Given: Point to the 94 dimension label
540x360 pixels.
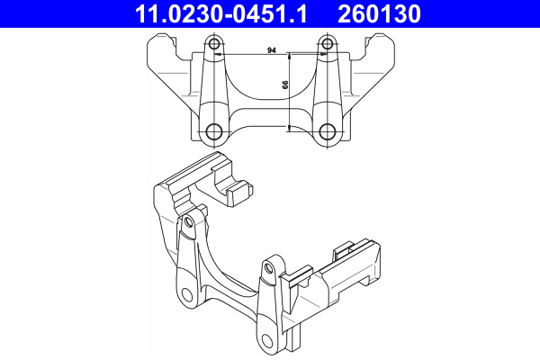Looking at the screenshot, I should point(271,51).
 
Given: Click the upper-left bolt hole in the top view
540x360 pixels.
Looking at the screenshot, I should point(214,47).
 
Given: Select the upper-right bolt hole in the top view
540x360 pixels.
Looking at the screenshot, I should point(327,47).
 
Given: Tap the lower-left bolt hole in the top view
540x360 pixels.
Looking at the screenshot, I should point(214,131).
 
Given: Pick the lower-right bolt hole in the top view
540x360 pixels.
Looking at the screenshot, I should point(327,131).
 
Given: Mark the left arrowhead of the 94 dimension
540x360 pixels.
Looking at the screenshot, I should point(219,57).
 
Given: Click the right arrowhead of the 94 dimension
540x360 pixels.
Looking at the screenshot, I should point(322,57).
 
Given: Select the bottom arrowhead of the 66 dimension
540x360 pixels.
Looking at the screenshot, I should point(289,129).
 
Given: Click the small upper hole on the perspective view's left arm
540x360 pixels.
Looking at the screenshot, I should point(190,220).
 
